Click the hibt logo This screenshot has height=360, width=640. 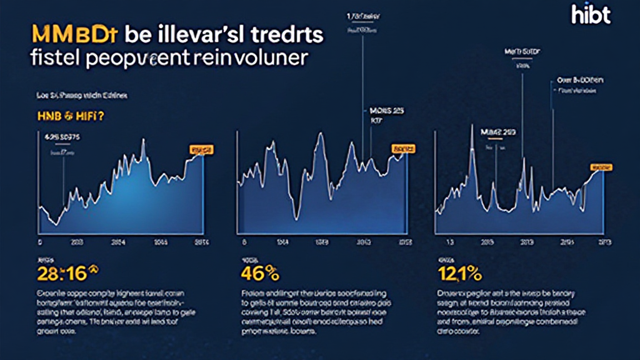(591, 15)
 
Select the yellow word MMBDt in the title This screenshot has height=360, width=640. (75, 35)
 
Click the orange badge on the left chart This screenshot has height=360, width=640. (201, 150)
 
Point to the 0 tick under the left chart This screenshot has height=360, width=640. (40, 241)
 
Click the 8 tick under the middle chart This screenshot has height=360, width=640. (245, 241)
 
